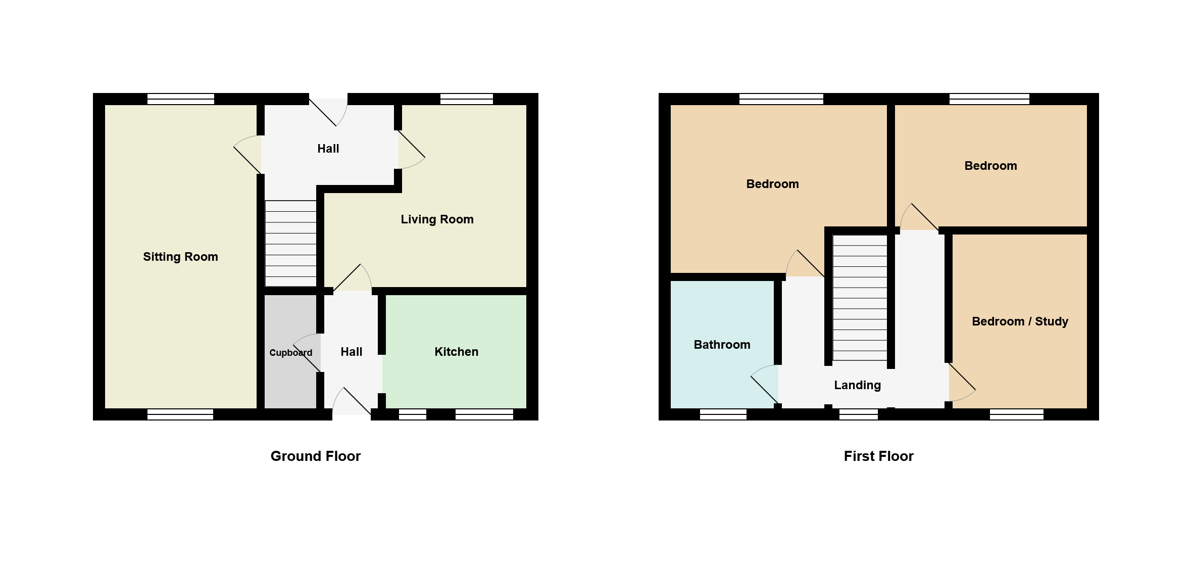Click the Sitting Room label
(180, 257)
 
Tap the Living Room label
(437, 219)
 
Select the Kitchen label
(456, 352)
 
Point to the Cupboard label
(290, 353)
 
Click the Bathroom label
(722, 345)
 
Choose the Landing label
(857, 385)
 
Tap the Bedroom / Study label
(1020, 321)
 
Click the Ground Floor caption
(316, 456)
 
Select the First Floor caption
(878, 456)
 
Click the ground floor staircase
(291, 244)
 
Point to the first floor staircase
(860, 298)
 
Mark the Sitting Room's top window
(181, 99)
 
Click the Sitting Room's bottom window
(180, 414)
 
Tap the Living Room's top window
(467, 99)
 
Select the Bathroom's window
(723, 414)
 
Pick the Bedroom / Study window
(1017, 414)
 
